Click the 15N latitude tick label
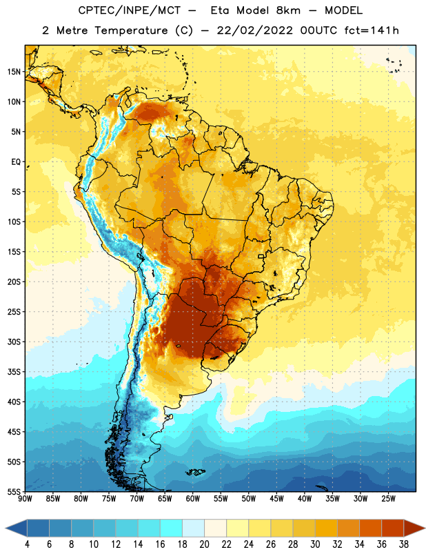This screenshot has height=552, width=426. [14, 72]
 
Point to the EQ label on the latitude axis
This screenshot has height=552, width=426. [16, 162]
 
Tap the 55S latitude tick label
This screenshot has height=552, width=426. [14, 491]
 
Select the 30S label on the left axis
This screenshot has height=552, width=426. [14, 342]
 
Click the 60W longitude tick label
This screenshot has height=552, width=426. [193, 499]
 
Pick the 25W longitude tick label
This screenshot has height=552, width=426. [388, 499]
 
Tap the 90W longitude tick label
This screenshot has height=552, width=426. [25, 499]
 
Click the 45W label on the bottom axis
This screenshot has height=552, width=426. [276, 499]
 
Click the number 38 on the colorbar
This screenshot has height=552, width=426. [404, 544]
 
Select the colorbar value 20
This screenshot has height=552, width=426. [204, 544]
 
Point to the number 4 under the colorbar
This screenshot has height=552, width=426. [27, 544]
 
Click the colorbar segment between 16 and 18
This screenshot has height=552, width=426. [171, 528]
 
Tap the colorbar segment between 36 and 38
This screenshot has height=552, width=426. [393, 528]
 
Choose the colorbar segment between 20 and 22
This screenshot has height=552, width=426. [215, 528]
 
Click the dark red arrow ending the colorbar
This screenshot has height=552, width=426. [414, 528]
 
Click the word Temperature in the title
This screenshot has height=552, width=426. [131, 30]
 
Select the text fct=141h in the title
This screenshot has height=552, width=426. [372, 30]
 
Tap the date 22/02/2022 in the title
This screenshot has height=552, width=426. [254, 30]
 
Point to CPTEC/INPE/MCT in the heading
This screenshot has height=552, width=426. [130, 10]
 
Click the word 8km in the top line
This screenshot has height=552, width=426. [288, 10]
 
